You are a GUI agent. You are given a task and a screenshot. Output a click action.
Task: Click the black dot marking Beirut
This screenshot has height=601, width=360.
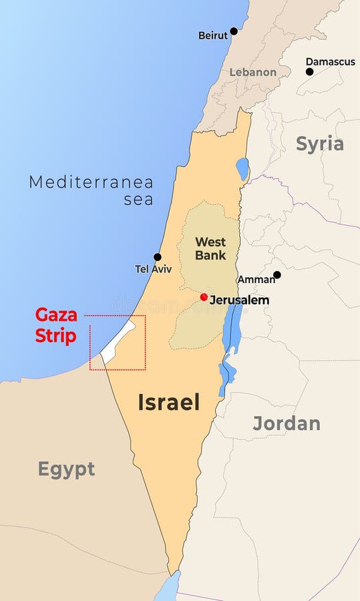234,31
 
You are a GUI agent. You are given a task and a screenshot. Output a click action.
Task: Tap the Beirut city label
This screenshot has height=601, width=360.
213,35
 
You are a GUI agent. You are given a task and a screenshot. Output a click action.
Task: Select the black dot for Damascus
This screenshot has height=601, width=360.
309,71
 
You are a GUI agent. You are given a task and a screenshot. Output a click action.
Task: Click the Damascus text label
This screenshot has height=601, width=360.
331,61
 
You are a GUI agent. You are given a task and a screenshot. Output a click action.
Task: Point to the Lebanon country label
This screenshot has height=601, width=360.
253,72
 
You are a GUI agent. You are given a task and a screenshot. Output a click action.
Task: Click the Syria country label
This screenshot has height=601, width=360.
320,144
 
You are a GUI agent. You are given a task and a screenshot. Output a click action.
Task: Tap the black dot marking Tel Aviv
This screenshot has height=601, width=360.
158,257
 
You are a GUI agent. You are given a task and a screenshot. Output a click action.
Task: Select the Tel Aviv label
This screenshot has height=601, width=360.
154,269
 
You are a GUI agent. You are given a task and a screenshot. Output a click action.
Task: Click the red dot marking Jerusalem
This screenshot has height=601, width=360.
204,297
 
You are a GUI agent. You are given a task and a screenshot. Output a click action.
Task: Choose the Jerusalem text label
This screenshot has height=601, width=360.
240,300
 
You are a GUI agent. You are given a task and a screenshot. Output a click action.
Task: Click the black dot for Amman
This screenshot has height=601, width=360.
277,274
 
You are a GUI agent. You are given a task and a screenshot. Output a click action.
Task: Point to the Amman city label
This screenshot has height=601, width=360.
256,280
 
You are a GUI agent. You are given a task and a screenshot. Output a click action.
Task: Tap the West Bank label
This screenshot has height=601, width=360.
210,248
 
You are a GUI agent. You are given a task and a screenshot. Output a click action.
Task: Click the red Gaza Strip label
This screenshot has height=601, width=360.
56,325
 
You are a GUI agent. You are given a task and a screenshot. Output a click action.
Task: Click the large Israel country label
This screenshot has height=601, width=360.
169,402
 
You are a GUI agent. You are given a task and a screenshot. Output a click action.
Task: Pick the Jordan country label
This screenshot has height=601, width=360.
287,423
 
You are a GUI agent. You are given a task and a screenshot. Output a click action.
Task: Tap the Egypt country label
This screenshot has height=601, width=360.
66,469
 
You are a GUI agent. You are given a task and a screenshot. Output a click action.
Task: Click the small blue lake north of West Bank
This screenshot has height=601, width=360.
242,169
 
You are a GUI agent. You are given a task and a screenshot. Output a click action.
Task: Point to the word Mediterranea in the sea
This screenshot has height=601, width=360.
91,182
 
